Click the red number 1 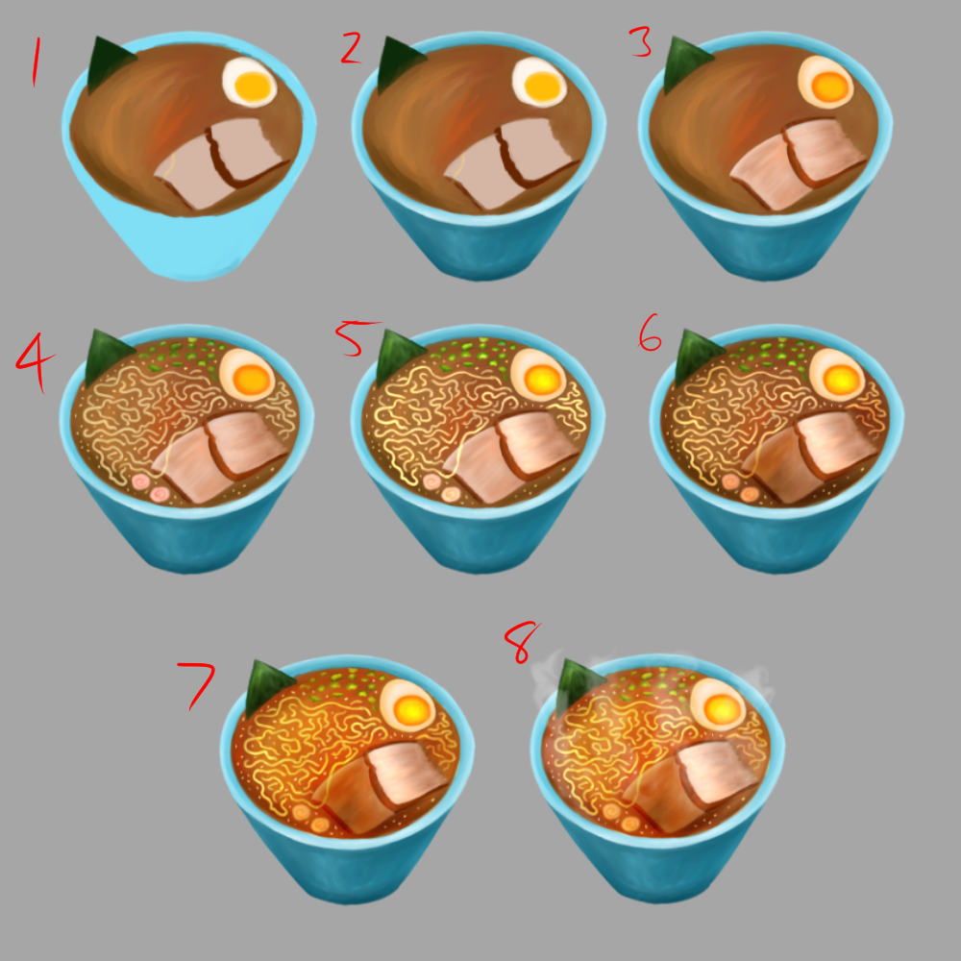tap(37, 62)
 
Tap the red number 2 tap(351, 48)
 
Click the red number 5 tap(356, 338)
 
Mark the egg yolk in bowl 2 tap(542, 86)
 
